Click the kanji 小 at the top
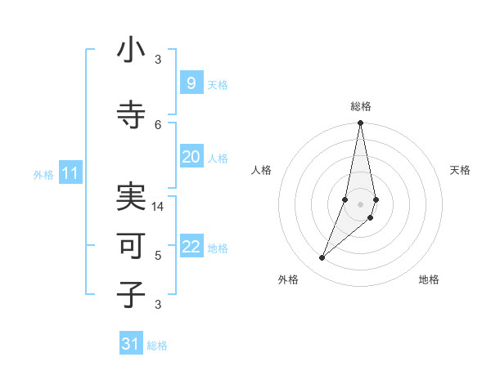click(131, 51)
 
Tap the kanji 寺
click(131, 115)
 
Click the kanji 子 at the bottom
click(131, 294)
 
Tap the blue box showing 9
click(191, 83)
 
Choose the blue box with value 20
click(191, 158)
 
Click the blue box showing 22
click(191, 248)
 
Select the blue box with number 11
click(70, 173)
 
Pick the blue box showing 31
click(131, 344)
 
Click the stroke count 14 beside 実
click(158, 207)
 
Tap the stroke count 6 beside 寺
click(158, 124)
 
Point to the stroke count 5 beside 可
click(158, 256)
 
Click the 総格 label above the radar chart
click(360, 106)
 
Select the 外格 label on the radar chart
click(288, 279)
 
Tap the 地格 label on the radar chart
click(429, 279)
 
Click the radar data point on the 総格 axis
click(360, 123)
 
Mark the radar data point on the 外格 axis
click(322, 258)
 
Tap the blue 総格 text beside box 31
click(157, 346)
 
